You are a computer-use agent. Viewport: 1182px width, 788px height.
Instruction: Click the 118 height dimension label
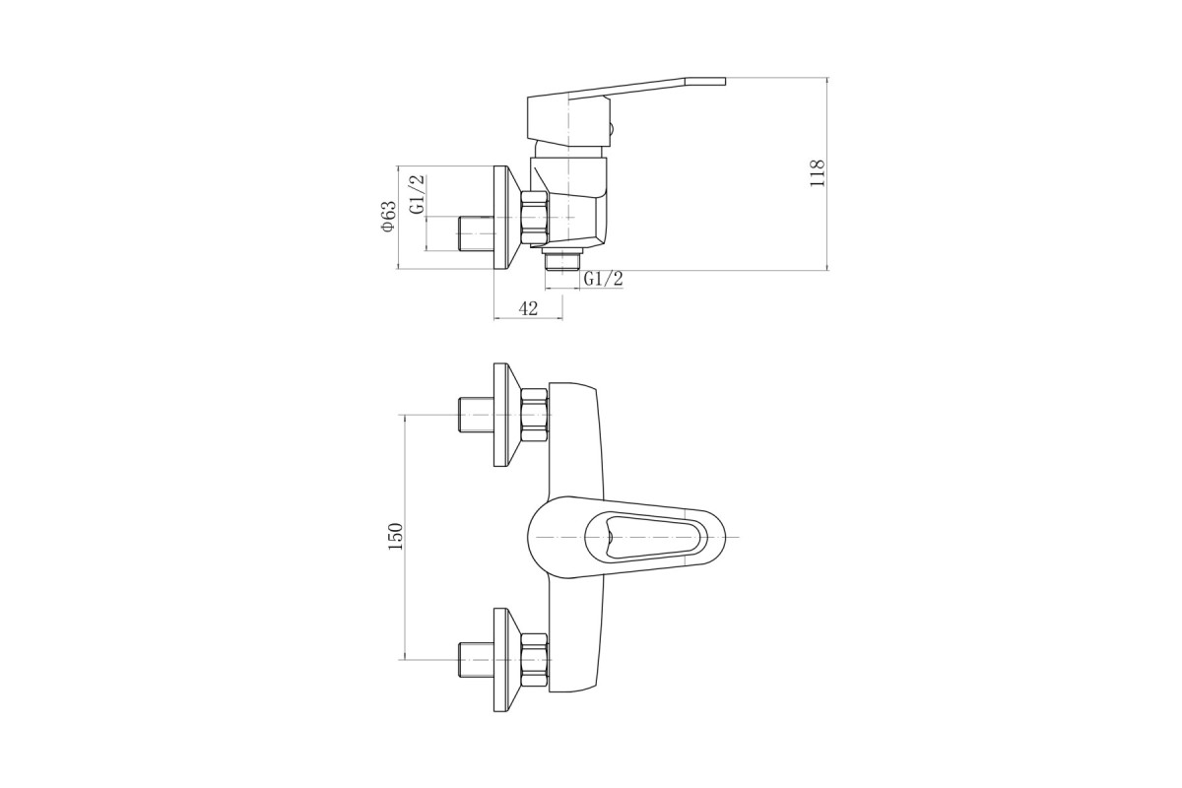[817, 172]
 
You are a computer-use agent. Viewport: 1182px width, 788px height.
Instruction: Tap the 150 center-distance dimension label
[395, 537]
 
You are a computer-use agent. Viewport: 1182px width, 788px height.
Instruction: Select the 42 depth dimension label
[528, 308]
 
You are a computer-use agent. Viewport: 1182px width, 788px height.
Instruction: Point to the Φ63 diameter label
[388, 216]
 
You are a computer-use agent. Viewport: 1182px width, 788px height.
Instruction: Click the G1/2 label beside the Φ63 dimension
[417, 194]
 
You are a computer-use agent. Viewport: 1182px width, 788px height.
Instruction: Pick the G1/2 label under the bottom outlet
[603, 278]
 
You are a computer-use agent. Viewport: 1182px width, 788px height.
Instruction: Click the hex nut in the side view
[536, 218]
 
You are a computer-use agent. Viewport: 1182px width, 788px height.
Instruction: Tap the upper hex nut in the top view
[535, 416]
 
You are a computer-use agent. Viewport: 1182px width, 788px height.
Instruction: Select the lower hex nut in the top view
[535, 660]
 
